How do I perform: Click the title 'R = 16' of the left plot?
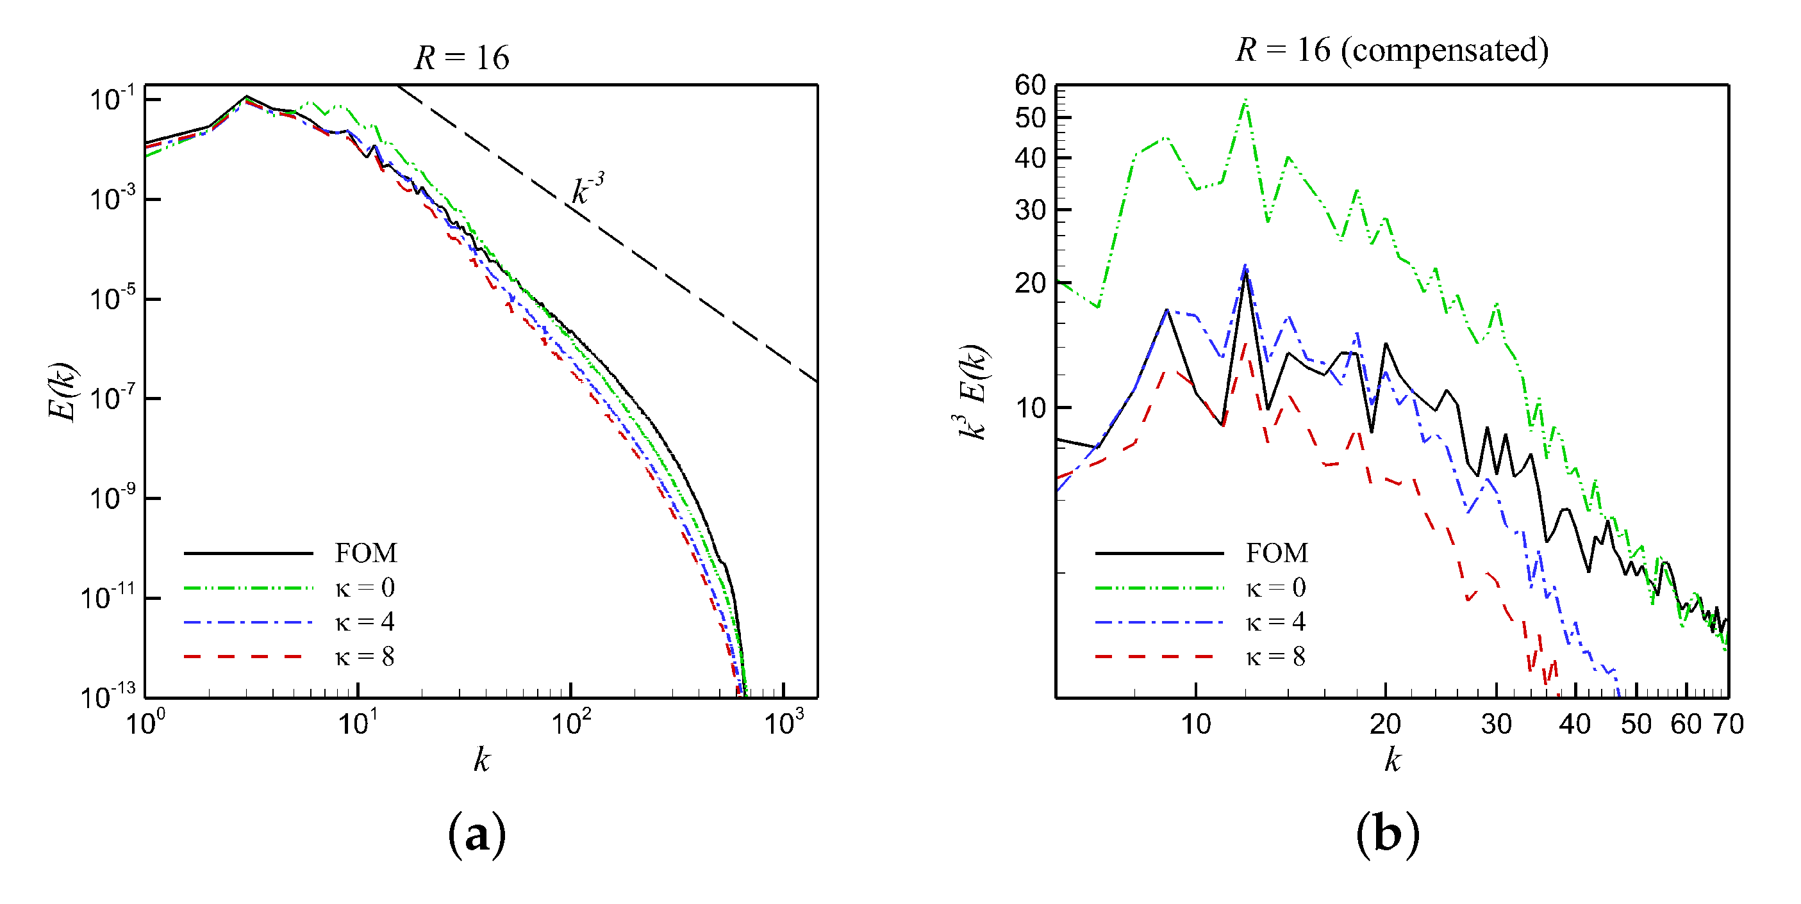coord(461,57)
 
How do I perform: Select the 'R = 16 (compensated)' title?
coord(1391,51)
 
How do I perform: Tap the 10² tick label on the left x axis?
coord(570,722)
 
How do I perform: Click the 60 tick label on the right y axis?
coord(1030,85)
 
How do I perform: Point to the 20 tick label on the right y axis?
coord(1030,283)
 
